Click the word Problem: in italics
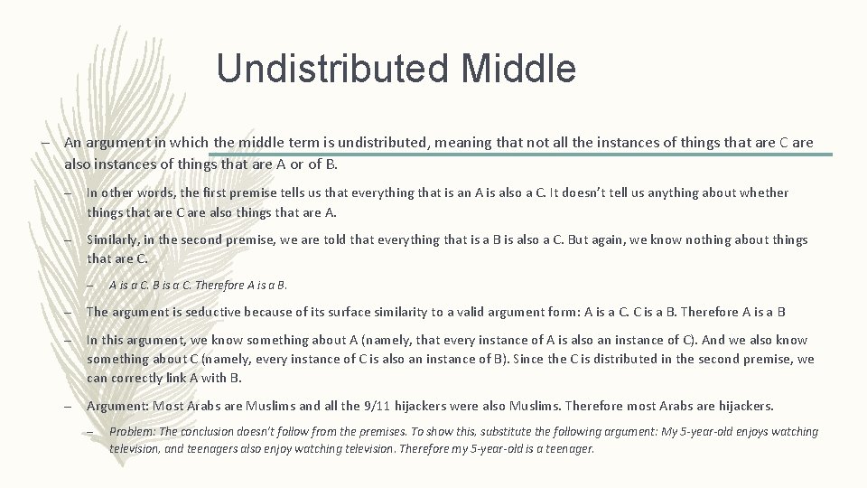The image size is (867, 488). [132, 432]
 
